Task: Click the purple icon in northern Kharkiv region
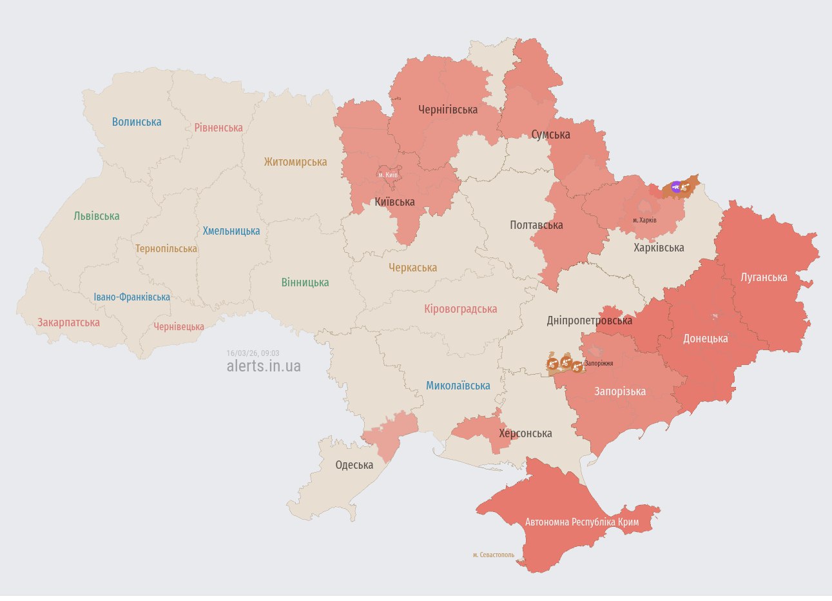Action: pos(675,187)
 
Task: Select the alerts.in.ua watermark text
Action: pos(264,366)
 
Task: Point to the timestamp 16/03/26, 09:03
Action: pos(253,353)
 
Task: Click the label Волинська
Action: pos(137,122)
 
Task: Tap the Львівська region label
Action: pos(97,216)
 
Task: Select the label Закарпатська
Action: pos(68,322)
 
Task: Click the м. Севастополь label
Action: pos(493,555)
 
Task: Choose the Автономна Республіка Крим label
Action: pos(582,522)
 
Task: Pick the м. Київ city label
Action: pos(388,175)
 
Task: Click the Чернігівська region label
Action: pos(448,110)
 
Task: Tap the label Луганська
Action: pos(764,277)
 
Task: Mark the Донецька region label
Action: pos(705,339)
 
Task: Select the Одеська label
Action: pos(354,465)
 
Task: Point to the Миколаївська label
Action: pos(458,386)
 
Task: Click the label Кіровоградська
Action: pos(460,309)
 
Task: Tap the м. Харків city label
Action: pos(644,221)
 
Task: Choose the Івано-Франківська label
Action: pos(132,297)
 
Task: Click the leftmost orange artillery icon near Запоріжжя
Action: pos(552,364)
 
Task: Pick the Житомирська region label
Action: pos(295,162)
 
